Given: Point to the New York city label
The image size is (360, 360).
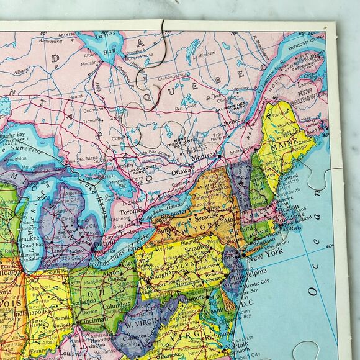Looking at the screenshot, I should [263, 251].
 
